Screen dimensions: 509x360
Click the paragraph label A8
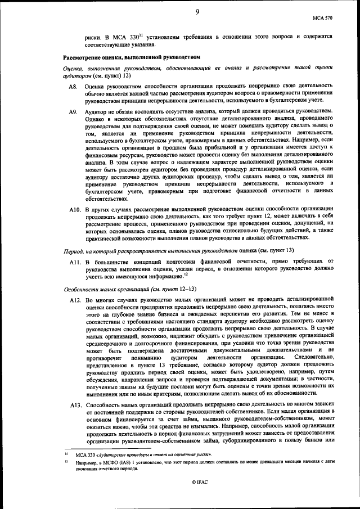pos(73,87)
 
